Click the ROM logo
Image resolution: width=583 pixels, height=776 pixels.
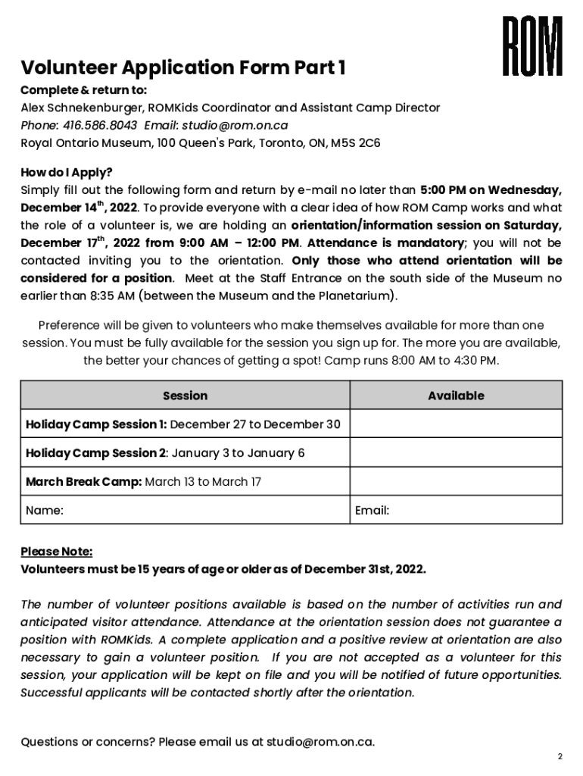coord(533,47)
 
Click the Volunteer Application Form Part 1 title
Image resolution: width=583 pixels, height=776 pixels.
coord(183,69)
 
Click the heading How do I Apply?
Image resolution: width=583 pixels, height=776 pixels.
coord(66,172)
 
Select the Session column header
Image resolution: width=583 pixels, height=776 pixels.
coord(185,396)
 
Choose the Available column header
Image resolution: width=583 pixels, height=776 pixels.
coord(456,396)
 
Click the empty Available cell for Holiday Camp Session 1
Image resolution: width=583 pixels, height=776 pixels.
coord(456,424)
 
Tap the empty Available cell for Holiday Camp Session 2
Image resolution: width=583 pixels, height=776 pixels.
coord(456,453)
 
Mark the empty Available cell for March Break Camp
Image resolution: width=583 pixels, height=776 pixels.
coord(456,482)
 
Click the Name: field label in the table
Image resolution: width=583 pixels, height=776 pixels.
coord(45,511)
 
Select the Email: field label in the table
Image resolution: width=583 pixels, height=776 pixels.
coord(373,511)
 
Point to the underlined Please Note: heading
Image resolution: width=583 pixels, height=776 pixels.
coord(57,552)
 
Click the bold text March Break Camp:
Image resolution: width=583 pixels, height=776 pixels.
coord(83,482)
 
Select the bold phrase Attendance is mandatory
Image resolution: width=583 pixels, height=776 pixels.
coord(385,243)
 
